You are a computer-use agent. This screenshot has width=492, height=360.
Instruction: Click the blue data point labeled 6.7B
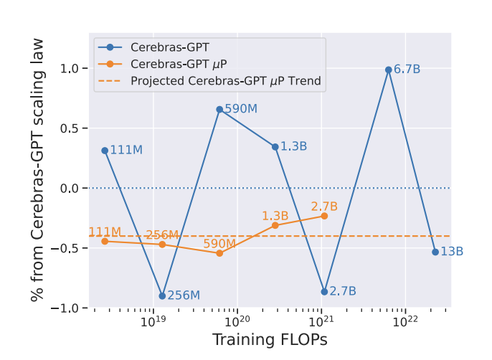[x=388, y=70]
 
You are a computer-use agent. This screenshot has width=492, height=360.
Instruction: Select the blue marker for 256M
[x=162, y=295]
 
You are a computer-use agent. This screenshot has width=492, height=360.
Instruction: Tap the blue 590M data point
[x=219, y=109]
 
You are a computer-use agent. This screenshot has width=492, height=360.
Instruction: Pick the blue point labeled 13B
[x=435, y=252]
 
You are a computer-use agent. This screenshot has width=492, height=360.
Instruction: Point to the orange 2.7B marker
[x=324, y=216]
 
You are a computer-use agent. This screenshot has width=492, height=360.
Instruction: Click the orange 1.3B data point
[x=275, y=225]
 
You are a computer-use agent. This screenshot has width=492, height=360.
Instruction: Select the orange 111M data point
[x=105, y=241]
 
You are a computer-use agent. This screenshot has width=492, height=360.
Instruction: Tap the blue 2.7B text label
[x=343, y=291]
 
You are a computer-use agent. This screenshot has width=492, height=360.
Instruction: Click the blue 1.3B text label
[x=294, y=146]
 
